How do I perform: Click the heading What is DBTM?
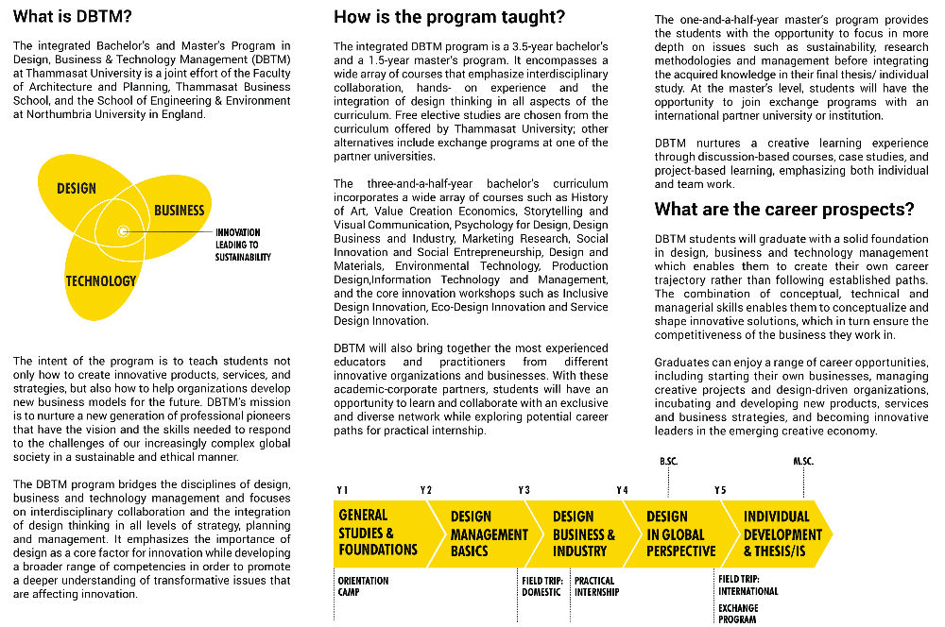point(72,17)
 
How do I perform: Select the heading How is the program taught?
point(449,17)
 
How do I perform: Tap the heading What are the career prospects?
point(784,210)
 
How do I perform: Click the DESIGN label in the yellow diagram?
point(77,188)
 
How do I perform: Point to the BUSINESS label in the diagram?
point(179,210)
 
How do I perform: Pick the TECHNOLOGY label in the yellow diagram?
point(100,280)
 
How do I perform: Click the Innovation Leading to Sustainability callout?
point(243,245)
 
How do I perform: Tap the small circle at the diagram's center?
point(123,231)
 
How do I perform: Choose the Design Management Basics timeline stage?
point(487,533)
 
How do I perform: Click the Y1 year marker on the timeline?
point(342,490)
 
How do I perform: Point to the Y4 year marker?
point(622,490)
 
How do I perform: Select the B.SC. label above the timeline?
point(669,461)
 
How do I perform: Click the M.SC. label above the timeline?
point(803,461)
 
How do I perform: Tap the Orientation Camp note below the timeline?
point(363,586)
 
